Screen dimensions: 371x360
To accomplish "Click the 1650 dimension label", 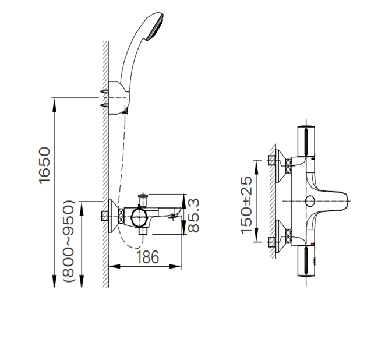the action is tap(44, 165).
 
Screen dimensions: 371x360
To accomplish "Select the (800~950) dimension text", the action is tap(69, 241).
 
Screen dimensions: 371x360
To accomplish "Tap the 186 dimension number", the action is tap(148, 257).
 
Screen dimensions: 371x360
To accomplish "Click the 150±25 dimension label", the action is tap(246, 205).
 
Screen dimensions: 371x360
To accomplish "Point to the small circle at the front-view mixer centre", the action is tap(310, 201).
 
